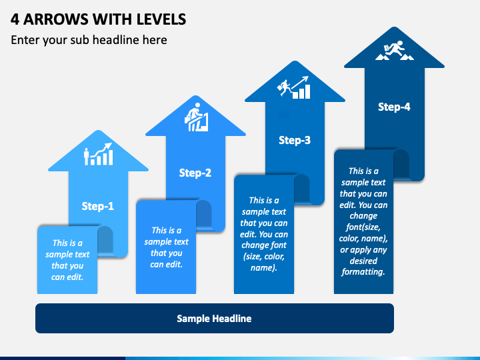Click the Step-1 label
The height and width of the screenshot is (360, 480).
(x=97, y=206)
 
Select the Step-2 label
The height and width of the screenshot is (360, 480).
(x=195, y=173)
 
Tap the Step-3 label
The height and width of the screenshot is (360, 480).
(x=295, y=140)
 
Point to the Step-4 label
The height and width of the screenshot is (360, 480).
(x=394, y=107)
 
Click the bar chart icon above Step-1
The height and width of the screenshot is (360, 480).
(x=98, y=154)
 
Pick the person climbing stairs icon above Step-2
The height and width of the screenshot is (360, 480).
(x=197, y=117)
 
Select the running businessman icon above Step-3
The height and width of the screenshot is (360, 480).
(x=293, y=87)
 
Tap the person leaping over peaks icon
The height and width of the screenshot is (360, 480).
(x=394, y=50)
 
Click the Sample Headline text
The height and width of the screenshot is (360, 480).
(x=214, y=319)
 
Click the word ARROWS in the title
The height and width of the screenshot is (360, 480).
(x=56, y=19)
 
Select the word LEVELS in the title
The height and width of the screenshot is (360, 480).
(x=161, y=19)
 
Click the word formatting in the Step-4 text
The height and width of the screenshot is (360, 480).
(x=363, y=272)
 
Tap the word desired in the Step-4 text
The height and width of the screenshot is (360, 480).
(x=363, y=261)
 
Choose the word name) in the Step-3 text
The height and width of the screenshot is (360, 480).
(x=264, y=268)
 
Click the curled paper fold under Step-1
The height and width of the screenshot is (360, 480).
(x=105, y=240)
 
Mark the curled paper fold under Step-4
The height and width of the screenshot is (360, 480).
(x=401, y=164)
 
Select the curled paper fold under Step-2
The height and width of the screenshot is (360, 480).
(x=204, y=214)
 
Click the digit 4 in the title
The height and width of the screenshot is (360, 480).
(x=15, y=19)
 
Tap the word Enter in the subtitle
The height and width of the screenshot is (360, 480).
(x=25, y=40)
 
